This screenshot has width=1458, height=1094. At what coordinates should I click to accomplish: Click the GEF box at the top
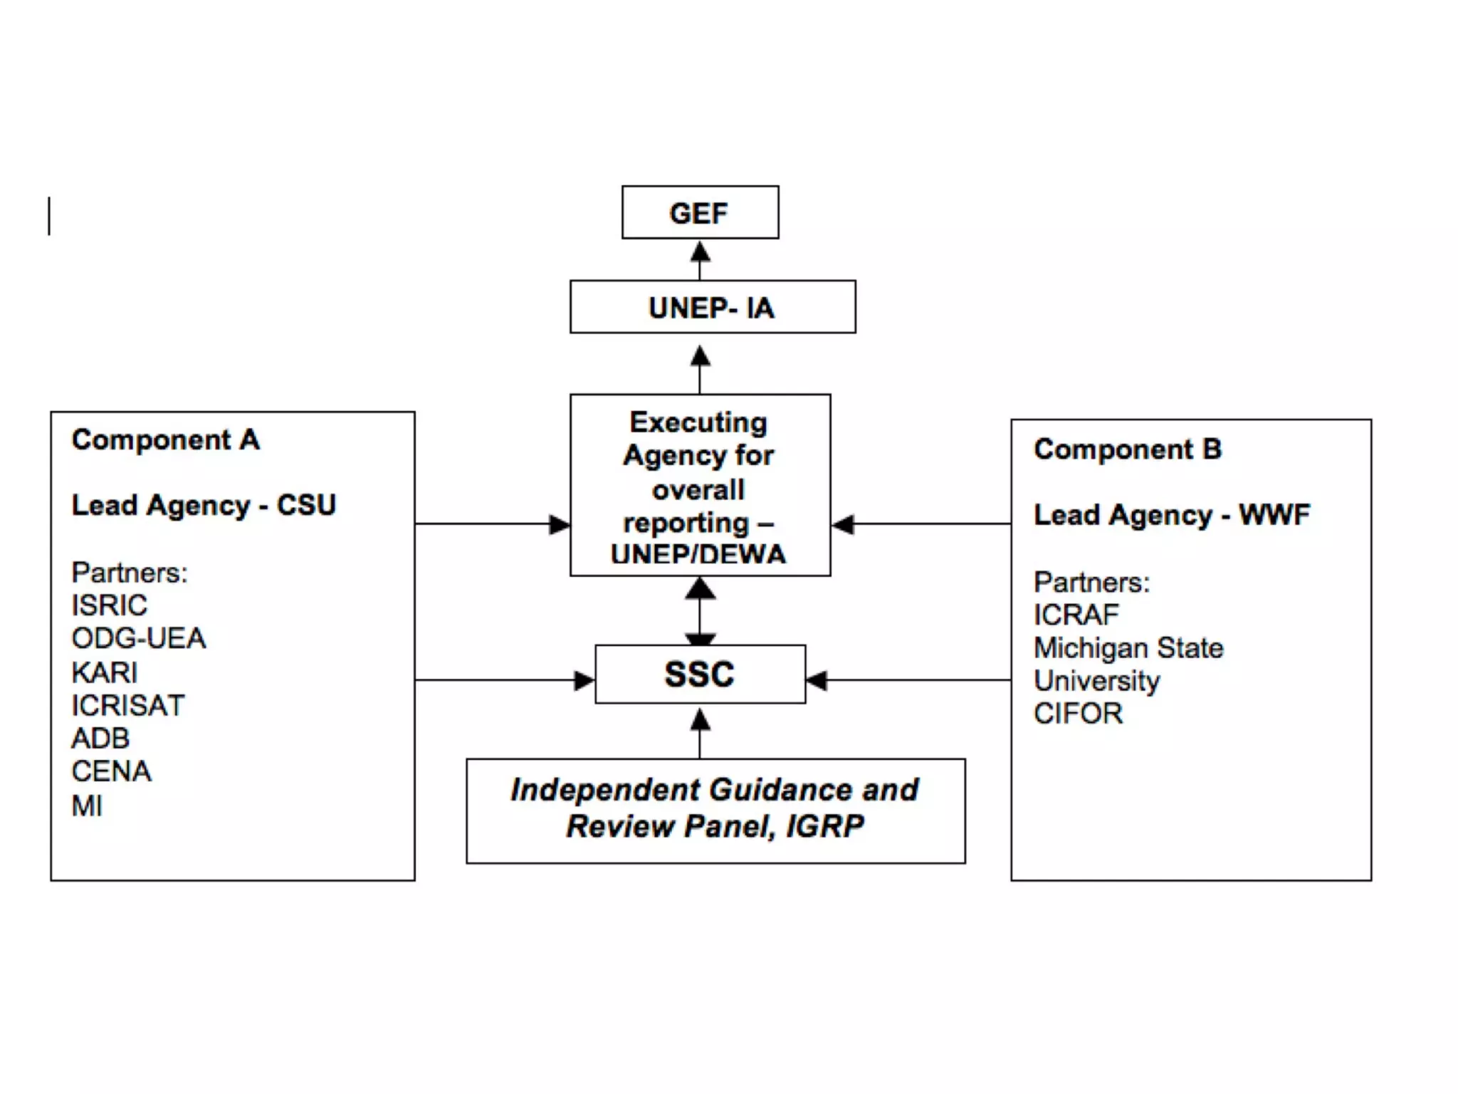pyautogui.click(x=700, y=212)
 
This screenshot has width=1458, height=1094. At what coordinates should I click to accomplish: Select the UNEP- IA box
pyautogui.click(x=712, y=307)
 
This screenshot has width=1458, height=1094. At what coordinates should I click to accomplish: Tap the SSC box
pyautogui.click(x=700, y=674)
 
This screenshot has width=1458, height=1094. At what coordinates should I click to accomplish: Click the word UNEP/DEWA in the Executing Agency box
pyautogui.click(x=698, y=555)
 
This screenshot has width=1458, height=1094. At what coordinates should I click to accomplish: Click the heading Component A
pyautogui.click(x=165, y=439)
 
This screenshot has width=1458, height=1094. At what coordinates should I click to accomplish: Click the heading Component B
pyautogui.click(x=1128, y=449)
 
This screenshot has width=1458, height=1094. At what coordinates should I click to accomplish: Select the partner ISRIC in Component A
pyautogui.click(x=109, y=605)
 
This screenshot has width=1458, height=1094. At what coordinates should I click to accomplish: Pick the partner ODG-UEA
pyautogui.click(x=139, y=638)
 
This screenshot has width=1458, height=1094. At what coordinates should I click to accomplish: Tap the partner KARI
pyautogui.click(x=104, y=672)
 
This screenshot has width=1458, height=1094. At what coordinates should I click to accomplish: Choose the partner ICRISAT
pyautogui.click(x=128, y=705)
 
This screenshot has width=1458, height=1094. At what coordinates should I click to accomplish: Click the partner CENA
pyautogui.click(x=111, y=771)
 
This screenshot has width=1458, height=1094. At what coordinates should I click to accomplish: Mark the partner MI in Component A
pyautogui.click(x=87, y=806)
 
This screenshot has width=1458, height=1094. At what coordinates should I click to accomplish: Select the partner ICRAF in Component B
pyautogui.click(x=1076, y=615)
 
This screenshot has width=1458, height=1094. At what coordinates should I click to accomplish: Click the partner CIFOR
pyautogui.click(x=1078, y=713)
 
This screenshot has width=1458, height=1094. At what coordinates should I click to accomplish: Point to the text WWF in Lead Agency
pyautogui.click(x=1274, y=514)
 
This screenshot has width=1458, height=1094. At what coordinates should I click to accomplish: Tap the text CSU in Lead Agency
pyautogui.click(x=306, y=505)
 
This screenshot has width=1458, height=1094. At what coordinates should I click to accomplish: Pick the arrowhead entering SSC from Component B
pyautogui.click(x=817, y=680)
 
